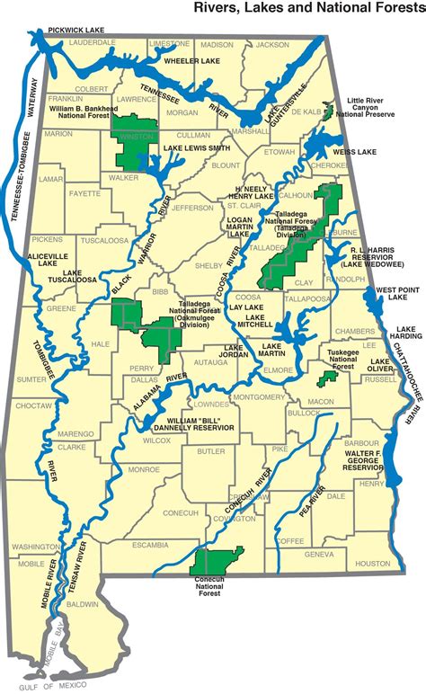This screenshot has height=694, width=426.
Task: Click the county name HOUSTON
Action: pyautogui.click(x=366, y=564)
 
